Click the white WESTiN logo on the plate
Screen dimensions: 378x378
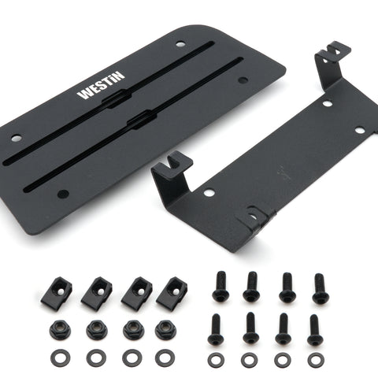point(101,85)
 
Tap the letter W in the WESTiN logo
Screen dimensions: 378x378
point(84,94)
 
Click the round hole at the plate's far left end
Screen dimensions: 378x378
point(17,138)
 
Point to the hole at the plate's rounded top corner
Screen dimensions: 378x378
point(180,44)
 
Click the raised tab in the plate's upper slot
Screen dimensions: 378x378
point(116,98)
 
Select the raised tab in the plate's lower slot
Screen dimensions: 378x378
point(140,120)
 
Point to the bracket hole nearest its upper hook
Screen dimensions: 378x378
point(328,103)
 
